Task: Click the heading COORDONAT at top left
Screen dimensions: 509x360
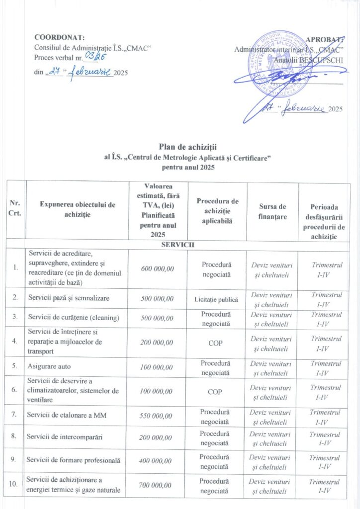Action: tap(59, 37)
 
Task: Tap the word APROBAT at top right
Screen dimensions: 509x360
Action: tap(325, 40)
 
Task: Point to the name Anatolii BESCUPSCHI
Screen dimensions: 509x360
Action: tap(308, 60)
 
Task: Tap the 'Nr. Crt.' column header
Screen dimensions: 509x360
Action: tap(15, 211)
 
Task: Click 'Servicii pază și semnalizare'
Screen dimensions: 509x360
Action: tap(69, 298)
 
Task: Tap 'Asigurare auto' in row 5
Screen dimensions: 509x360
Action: tap(48, 367)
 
